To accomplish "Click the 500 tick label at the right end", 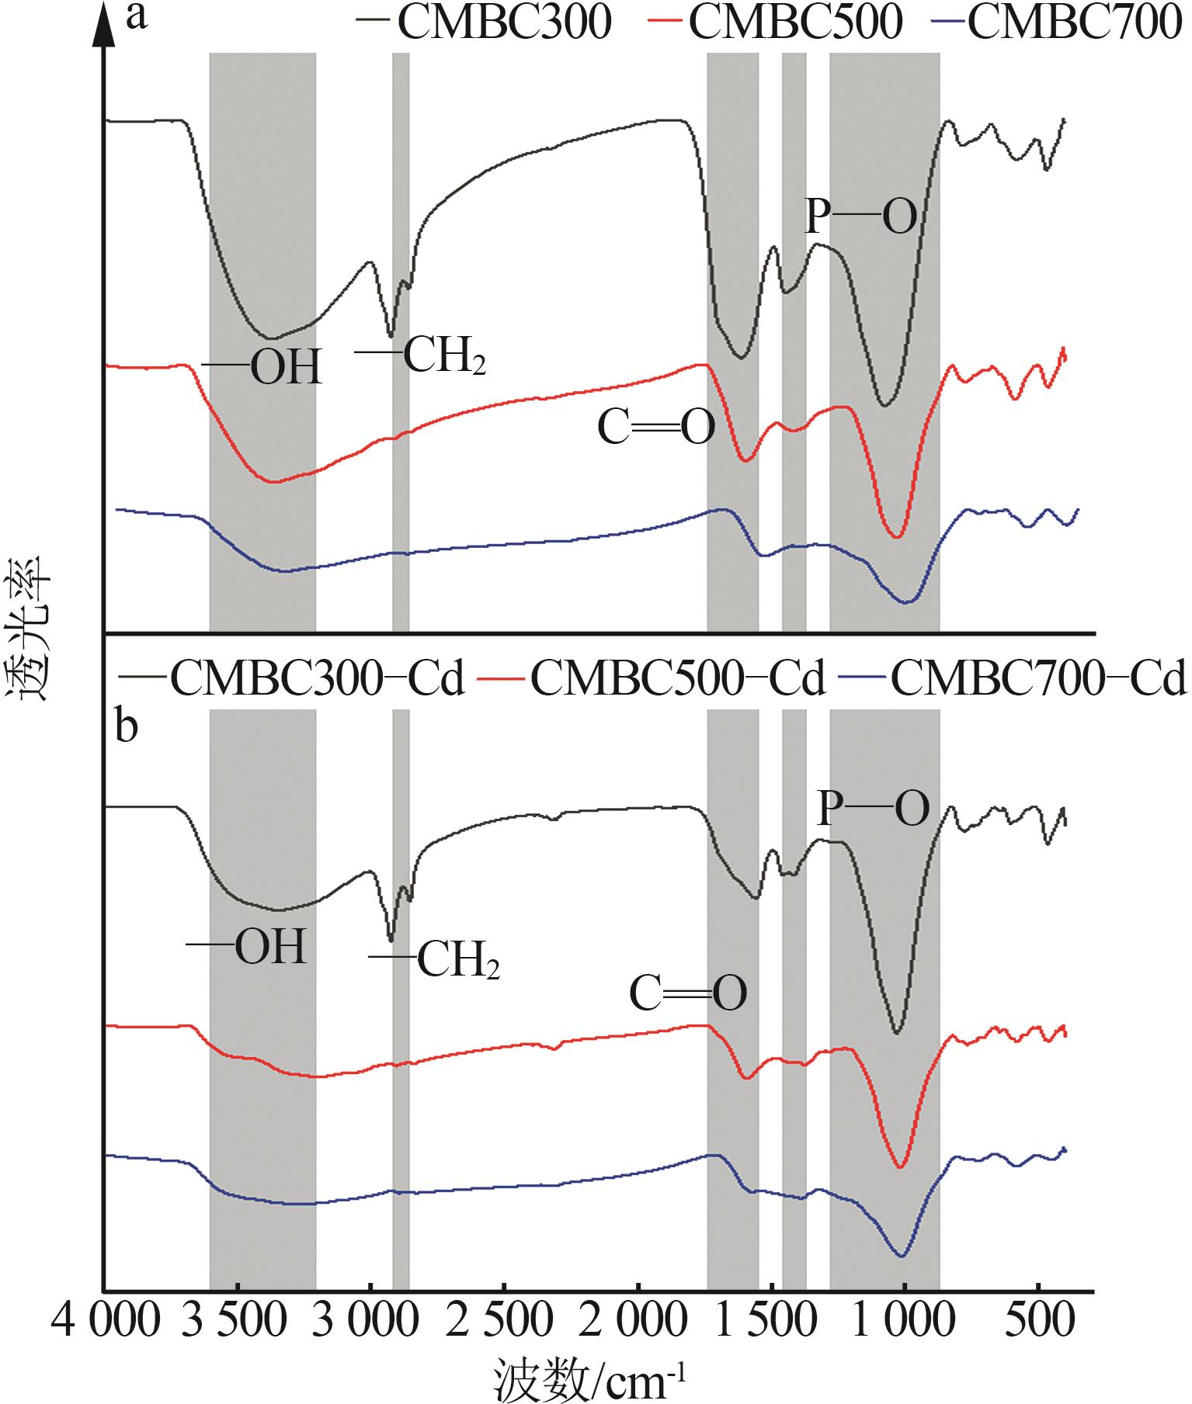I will pyautogui.click(x=1039, y=1322).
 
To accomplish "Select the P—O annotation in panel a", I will pyautogui.click(x=861, y=218).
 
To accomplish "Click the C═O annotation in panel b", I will pyautogui.click(x=688, y=994).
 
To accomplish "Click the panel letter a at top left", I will pyautogui.click(x=137, y=17).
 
